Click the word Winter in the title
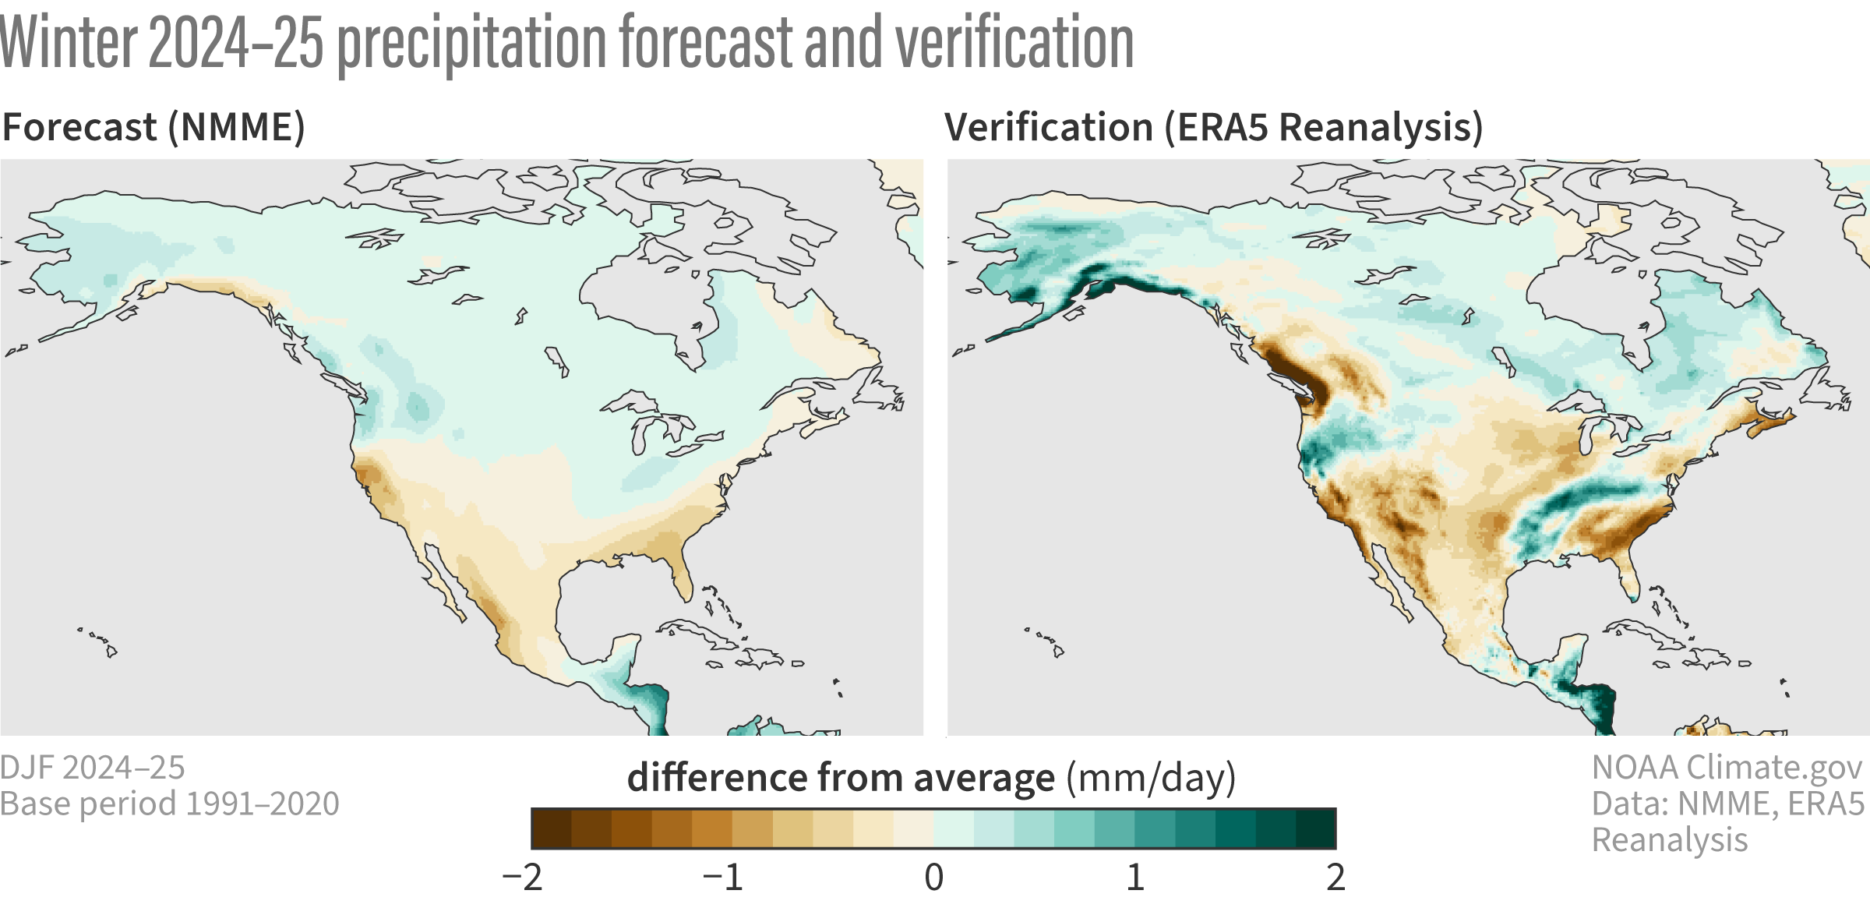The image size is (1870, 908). pyautogui.click(x=69, y=43)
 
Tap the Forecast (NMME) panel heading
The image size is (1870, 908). pyautogui.click(x=153, y=127)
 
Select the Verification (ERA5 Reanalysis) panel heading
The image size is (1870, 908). pyautogui.click(x=1213, y=127)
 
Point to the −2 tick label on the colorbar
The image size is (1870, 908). pyautogui.click(x=523, y=878)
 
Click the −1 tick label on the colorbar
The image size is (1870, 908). pyautogui.click(x=723, y=878)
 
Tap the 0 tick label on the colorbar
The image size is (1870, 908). pyautogui.click(x=933, y=878)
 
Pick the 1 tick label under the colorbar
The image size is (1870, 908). pyautogui.click(x=1134, y=878)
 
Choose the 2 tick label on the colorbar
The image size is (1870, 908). pyautogui.click(x=1335, y=878)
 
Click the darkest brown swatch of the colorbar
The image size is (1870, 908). pyautogui.click(x=552, y=829)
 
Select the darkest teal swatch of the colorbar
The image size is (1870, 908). pyautogui.click(x=1316, y=829)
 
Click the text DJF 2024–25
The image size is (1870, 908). pyautogui.click(x=92, y=768)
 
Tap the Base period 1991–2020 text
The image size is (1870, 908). pyautogui.click(x=170, y=804)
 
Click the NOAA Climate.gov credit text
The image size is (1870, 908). pyautogui.click(x=1727, y=768)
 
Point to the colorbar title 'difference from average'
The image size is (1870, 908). pyautogui.click(x=841, y=778)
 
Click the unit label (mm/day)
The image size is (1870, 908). pyautogui.click(x=1151, y=778)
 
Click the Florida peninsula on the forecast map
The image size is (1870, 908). pyautogui.click(x=681, y=573)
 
